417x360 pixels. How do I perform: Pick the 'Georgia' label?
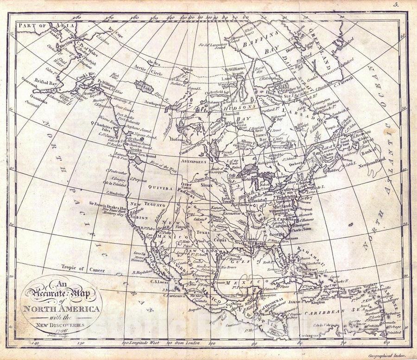277,234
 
